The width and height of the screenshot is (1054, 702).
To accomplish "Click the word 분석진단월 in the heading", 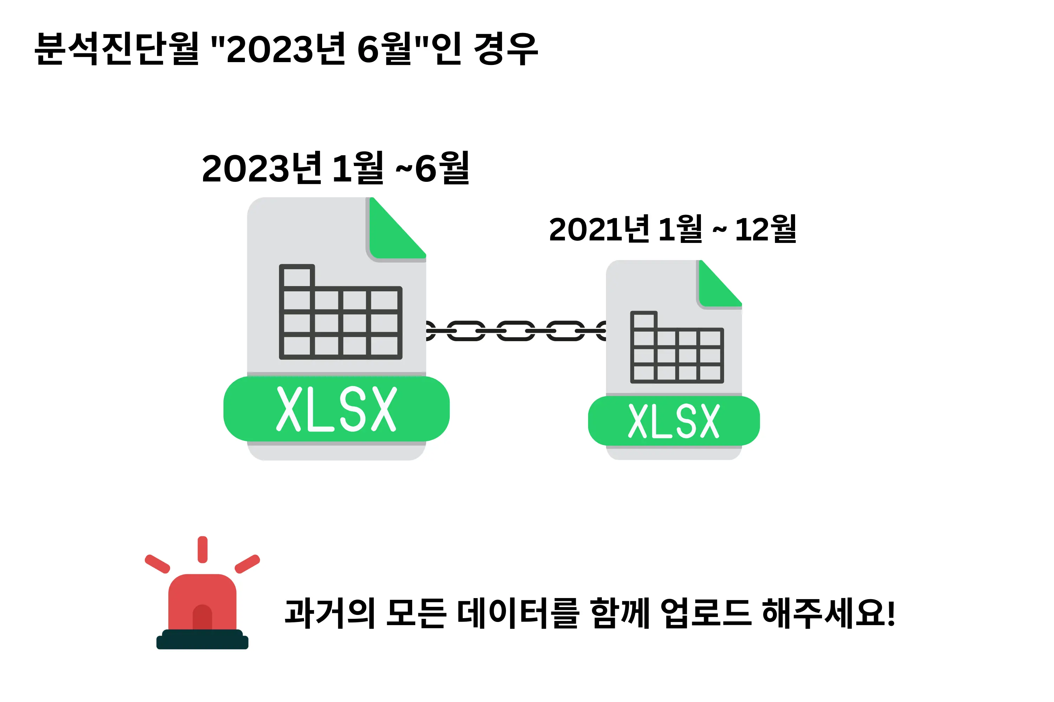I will pos(117,48).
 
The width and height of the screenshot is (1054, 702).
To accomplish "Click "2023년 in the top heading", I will pos(278,48).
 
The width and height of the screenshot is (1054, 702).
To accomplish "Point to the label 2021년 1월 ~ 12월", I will pos(672,229).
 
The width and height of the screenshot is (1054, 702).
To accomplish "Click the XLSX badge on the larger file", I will pos(336,409).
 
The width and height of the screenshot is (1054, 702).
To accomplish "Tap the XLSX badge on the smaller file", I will pos(674,421).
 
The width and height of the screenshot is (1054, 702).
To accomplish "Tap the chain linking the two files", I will pos(515,331).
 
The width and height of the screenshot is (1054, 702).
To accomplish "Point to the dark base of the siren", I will pos(202,640).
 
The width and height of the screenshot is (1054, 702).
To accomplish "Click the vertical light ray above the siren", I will pos(203,549).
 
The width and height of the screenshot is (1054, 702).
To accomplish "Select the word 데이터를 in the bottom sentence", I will pos(518,613).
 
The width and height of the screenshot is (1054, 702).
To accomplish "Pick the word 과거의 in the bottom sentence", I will pos(330,613).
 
